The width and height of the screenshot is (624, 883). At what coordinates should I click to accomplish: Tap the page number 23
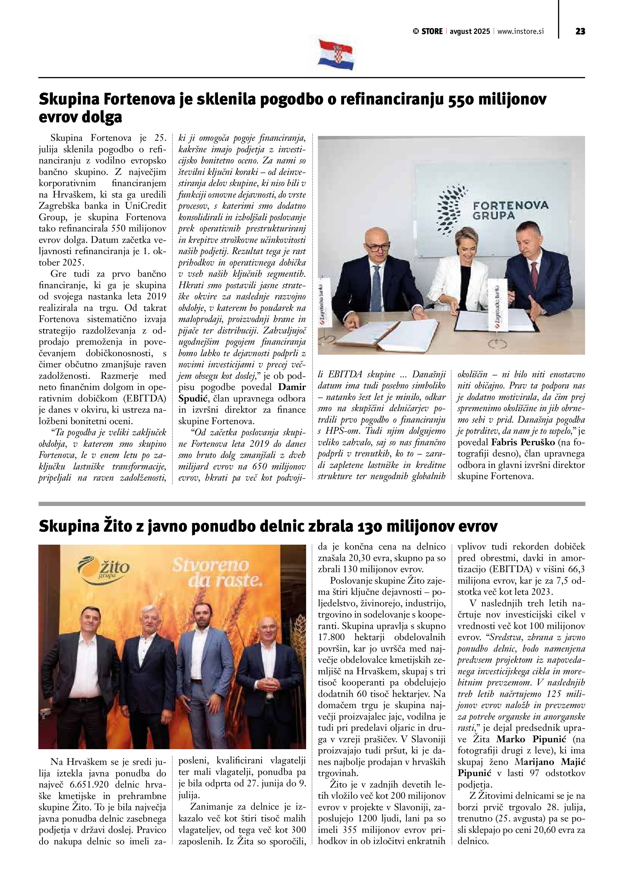click(580, 31)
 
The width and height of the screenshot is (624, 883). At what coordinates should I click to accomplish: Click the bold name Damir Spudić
click(292, 387)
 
